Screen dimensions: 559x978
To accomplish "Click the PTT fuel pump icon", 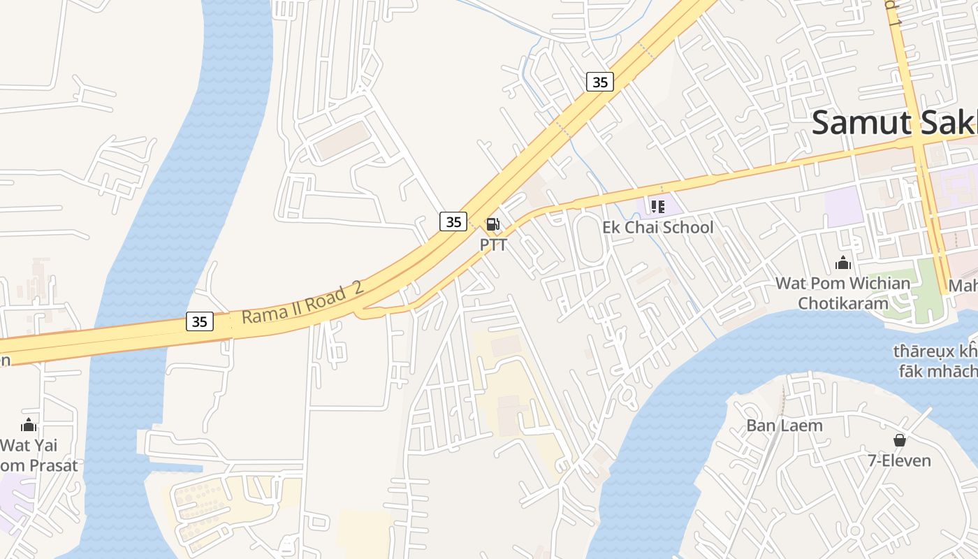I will [492, 224].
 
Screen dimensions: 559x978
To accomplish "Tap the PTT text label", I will [492, 245].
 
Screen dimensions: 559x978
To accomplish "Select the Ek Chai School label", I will [658, 227].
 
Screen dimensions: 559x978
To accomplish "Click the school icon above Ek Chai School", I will [657, 206].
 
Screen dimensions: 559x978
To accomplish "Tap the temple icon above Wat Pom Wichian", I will [843, 263].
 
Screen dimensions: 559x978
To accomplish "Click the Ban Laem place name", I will [784, 425].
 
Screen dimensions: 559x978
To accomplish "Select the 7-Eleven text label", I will [899, 460].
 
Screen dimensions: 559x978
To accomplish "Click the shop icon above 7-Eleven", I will [899, 440].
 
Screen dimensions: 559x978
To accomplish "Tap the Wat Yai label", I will [29, 445].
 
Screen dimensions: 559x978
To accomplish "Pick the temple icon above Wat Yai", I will [29, 425].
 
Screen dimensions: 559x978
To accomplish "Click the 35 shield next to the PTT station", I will [453, 222].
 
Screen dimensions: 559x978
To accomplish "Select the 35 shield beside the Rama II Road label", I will [200, 321].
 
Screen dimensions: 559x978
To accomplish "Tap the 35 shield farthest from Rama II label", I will [599, 82].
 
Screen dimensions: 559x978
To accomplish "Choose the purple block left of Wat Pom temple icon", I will [841, 206].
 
